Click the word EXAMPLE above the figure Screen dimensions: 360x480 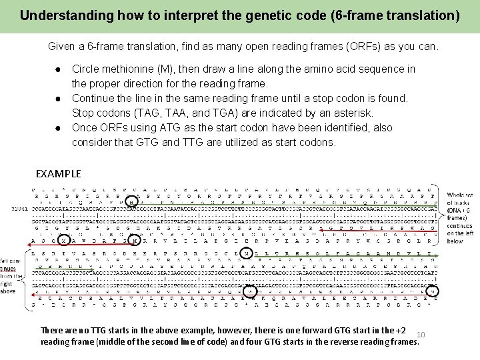coord(58,174)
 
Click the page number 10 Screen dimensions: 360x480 coord(420,334)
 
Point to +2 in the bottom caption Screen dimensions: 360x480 coord(400,330)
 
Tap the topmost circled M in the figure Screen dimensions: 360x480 coord(133,201)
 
